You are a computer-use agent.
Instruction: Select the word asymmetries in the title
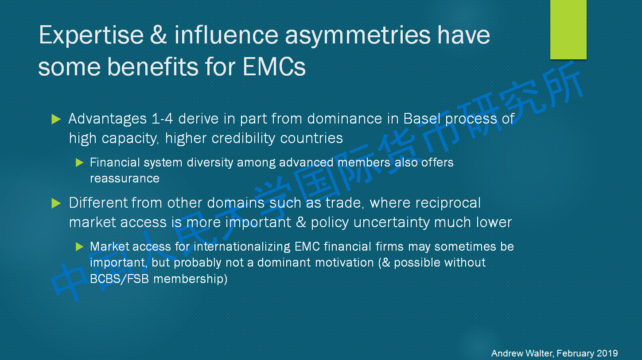point(358,37)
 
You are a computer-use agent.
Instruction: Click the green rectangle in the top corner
point(568,30)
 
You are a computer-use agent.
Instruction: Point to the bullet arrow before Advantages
point(56,119)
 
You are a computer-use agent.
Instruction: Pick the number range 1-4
point(162,119)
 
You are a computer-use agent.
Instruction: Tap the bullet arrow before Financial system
point(79,163)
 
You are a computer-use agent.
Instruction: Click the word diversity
point(210,163)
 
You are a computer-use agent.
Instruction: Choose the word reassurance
point(125,179)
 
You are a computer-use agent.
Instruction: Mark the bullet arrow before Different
point(56,203)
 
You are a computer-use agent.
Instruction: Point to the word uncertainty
point(392,223)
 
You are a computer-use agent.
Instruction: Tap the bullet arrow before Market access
point(79,247)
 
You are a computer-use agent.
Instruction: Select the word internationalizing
point(242,247)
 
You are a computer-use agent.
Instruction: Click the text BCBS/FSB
point(120,279)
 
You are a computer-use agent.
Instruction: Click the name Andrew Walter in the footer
point(522,353)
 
